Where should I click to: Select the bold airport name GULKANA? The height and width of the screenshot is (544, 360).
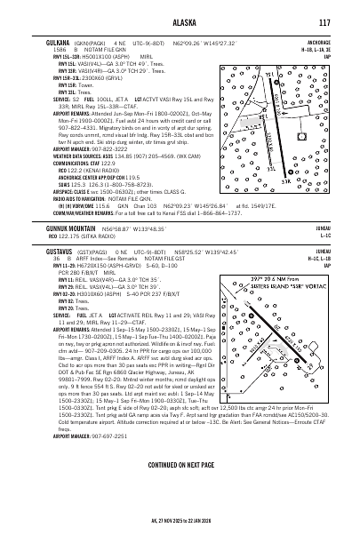click(x=57, y=41)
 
